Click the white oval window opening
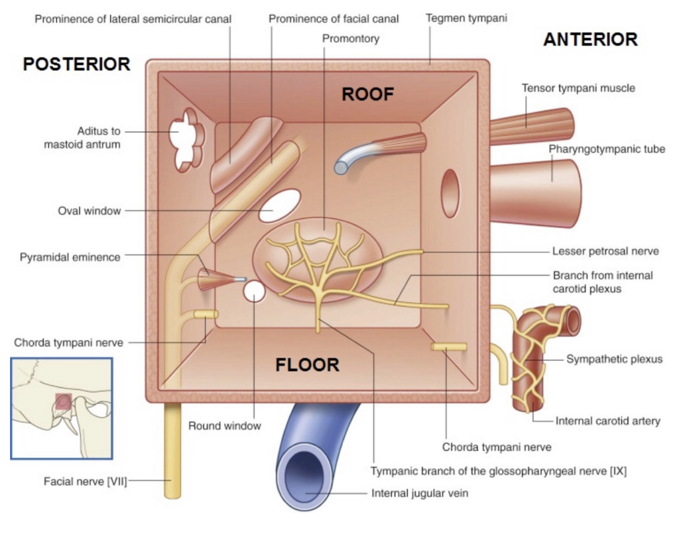[x=279, y=205]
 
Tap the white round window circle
[x=255, y=290]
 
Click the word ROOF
[x=367, y=95]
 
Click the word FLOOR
[x=308, y=364]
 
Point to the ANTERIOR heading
[x=590, y=40]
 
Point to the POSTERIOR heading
[x=76, y=64]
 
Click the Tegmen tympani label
[x=466, y=18]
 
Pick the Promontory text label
[x=351, y=38]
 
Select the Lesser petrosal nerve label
[x=605, y=251]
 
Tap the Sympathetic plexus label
[x=614, y=359]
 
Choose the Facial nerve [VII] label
[x=85, y=481]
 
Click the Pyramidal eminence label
[x=70, y=257]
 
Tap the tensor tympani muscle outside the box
[x=530, y=126]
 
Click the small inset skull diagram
[x=62, y=407]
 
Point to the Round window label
[x=225, y=426]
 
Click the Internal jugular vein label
[x=420, y=493]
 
